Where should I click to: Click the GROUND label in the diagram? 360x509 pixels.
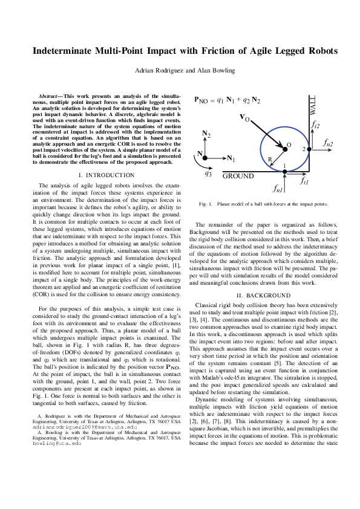(x=238, y=177)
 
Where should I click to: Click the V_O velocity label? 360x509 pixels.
(x=245, y=117)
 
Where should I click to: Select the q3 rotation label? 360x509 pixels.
(x=208, y=173)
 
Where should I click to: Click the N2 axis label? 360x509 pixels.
(x=206, y=134)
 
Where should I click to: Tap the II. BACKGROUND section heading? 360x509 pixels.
(x=264, y=295)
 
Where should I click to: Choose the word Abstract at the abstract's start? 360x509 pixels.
(x=47, y=96)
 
